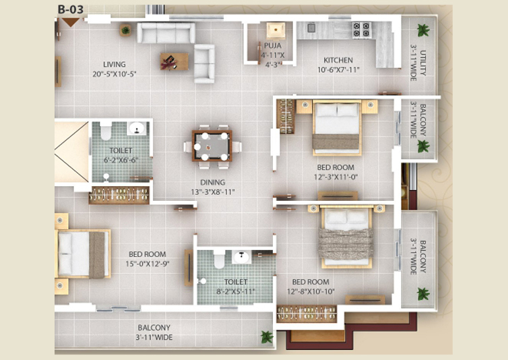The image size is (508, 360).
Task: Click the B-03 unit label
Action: point(71,9)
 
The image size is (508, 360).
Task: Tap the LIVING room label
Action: point(115,65)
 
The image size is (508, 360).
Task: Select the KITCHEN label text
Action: point(338,60)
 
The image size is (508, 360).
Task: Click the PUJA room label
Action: point(272,46)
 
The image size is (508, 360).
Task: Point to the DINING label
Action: point(212,183)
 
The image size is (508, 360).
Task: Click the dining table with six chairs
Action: point(212,146)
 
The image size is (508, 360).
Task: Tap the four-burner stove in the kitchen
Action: point(362,30)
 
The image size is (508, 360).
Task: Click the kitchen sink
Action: point(311,28)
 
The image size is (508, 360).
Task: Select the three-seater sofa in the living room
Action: point(166,33)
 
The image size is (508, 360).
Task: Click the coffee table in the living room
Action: point(174,61)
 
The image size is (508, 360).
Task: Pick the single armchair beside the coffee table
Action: point(204,63)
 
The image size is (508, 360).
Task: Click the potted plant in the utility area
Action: point(423,30)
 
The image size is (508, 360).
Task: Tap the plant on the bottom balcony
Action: point(267,337)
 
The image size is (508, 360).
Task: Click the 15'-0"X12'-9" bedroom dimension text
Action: point(148,264)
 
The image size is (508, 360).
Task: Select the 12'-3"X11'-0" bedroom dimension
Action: point(336,177)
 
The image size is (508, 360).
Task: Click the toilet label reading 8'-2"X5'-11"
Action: point(236,291)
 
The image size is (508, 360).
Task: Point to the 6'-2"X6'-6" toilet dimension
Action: point(121,160)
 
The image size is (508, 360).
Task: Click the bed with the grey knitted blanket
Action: point(346,238)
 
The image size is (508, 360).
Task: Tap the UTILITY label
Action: point(423,63)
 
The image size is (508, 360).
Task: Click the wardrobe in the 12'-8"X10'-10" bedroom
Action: point(307,314)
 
